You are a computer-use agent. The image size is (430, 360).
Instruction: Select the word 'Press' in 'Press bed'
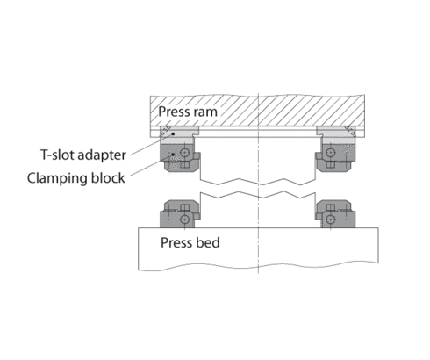tap(175, 241)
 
